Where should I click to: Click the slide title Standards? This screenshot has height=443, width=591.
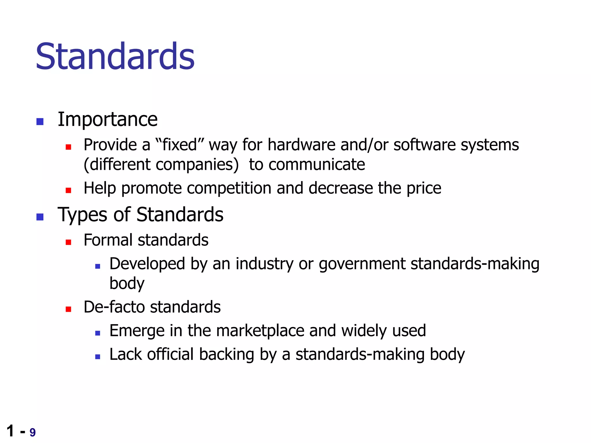point(115,56)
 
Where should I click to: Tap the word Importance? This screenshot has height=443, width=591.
point(108,119)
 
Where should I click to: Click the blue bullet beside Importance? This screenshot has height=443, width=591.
point(40,121)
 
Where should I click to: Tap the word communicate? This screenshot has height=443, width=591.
point(317,165)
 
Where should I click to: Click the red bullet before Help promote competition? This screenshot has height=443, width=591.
point(68,190)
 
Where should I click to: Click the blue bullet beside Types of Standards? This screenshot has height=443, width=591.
point(40,217)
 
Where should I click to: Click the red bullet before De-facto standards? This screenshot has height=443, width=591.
point(68,309)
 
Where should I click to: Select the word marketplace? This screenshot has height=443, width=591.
point(260,331)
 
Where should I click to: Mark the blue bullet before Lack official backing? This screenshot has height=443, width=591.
point(98,357)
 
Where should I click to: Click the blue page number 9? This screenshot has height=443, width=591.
point(33,432)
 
